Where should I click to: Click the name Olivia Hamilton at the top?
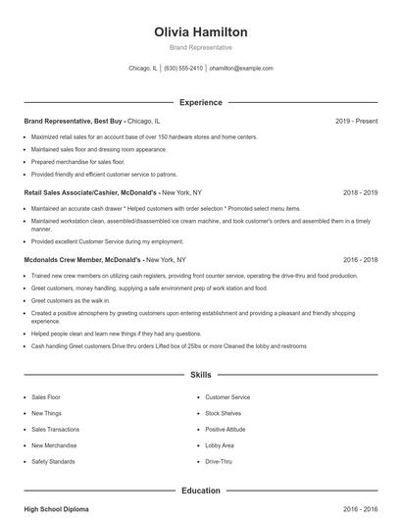pos(200,31)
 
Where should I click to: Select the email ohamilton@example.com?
pos(240,69)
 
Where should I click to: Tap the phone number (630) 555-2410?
pos(183,69)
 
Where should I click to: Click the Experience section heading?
pos(200,102)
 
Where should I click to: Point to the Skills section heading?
pos(200,375)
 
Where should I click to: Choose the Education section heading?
pos(200,490)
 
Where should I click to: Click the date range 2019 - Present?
pos(356,121)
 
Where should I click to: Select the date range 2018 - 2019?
pos(360,193)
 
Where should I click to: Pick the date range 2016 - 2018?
pos(360,259)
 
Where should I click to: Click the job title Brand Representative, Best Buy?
pos(74,121)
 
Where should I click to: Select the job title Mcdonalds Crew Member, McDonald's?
pos(83,259)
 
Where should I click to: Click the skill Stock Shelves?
pos(224,413)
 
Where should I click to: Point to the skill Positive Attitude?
pos(226,429)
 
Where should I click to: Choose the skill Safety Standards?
pos(52,460)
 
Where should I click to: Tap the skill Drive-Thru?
pos(219,460)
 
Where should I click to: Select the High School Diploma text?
pos(58,510)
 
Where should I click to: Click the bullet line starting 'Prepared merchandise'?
pos(77,161)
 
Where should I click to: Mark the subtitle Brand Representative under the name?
pos(200,47)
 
